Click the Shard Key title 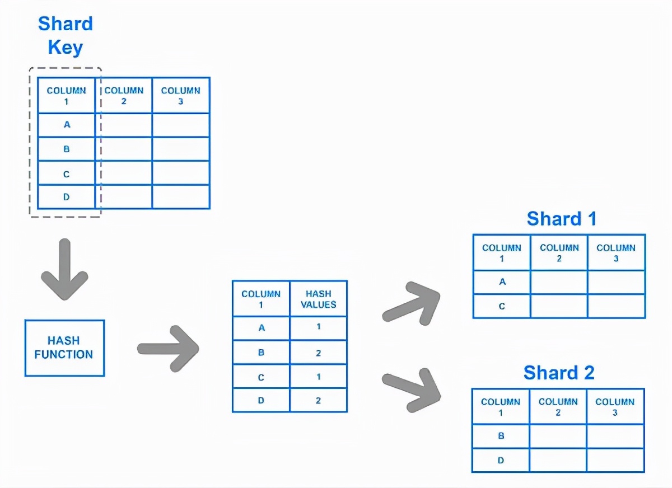pos(66,36)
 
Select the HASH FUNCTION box pos(65,348)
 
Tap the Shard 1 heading pos(561,218)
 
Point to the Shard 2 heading pos(559,373)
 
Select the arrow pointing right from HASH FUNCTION pos(168,349)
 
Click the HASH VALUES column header pos(318,299)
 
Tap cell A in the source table pos(67,124)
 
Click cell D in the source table pos(66,196)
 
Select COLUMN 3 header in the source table pos(180,96)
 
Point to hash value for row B pos(318,353)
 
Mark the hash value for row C pos(319,377)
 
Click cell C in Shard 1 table pos(502,306)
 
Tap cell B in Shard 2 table pos(501,436)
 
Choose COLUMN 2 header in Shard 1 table pos(559,253)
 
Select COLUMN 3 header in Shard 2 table pos(615,407)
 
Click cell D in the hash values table pos(261,400)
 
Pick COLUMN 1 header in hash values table pos(261,299)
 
